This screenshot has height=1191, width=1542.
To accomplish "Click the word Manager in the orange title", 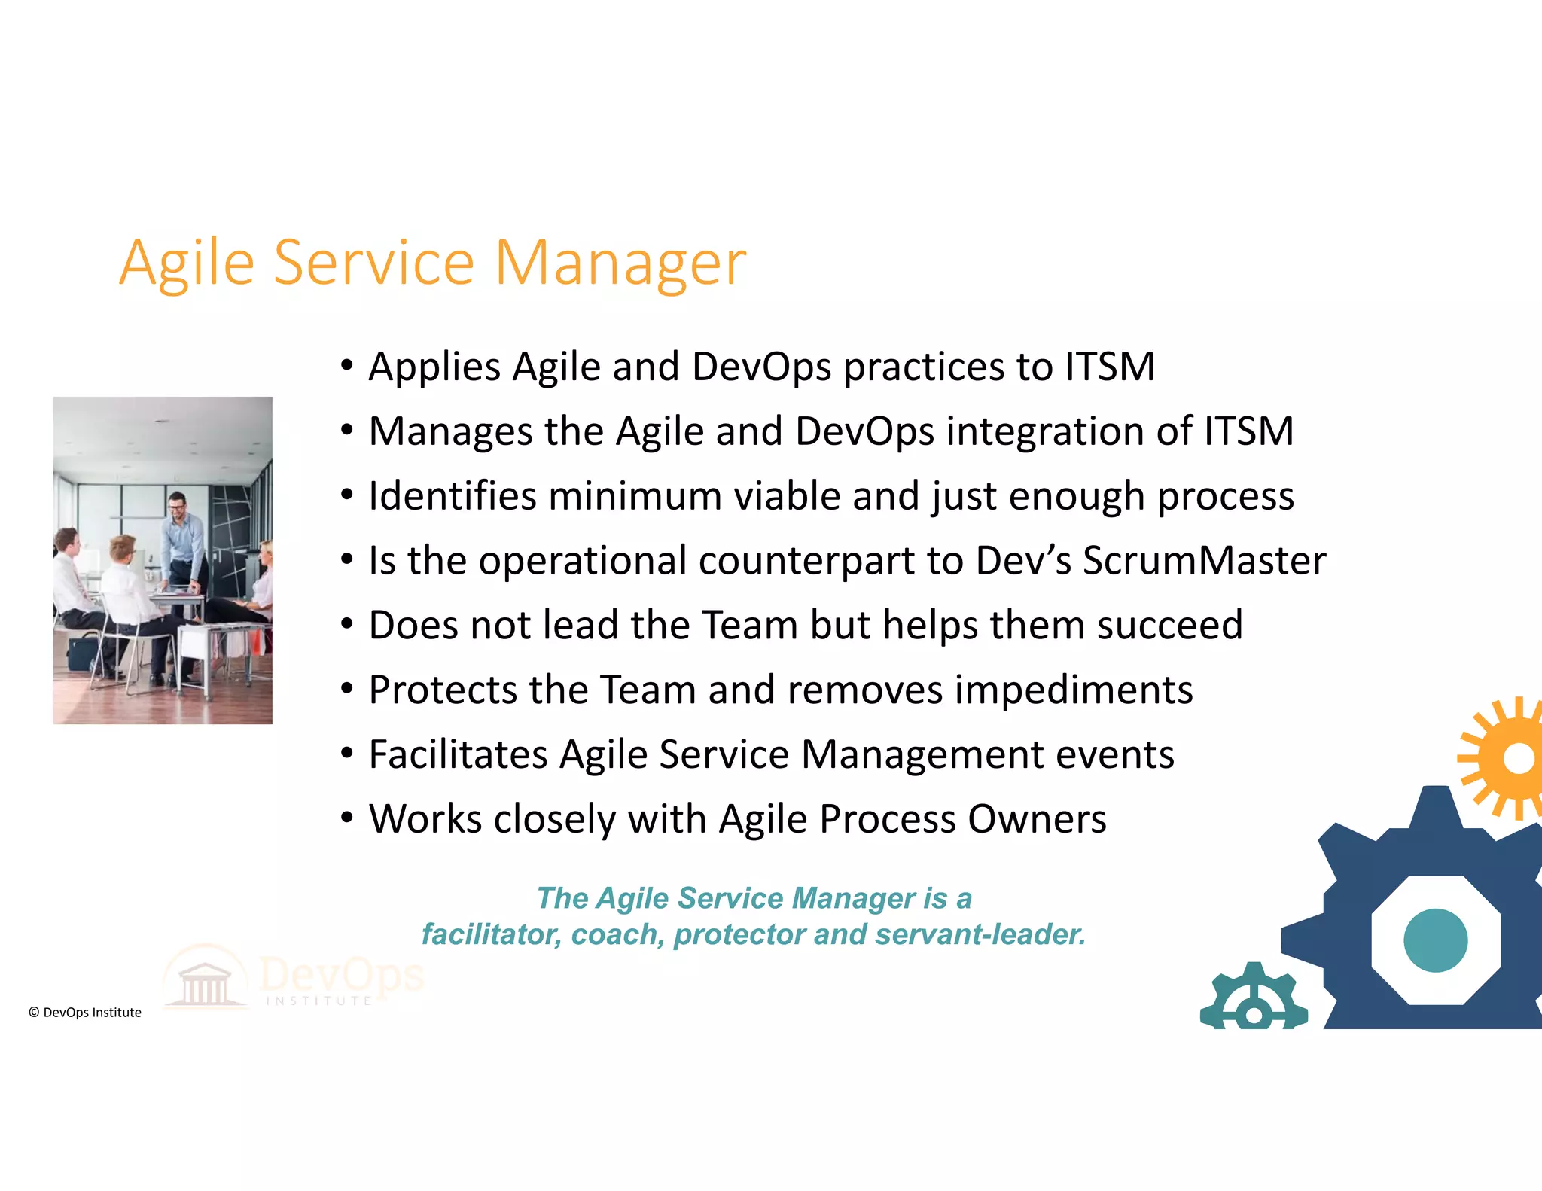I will [620, 263].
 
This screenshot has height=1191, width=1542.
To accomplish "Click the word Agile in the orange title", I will [187, 263].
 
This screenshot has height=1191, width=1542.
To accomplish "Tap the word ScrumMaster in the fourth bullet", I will [1204, 561].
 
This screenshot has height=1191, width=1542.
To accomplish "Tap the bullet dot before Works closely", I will [346, 818].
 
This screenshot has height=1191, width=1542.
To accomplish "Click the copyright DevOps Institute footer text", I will [85, 1013].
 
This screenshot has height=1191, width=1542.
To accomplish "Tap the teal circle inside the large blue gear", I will [1435, 940].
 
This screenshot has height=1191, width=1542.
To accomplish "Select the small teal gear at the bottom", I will [1253, 1000].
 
